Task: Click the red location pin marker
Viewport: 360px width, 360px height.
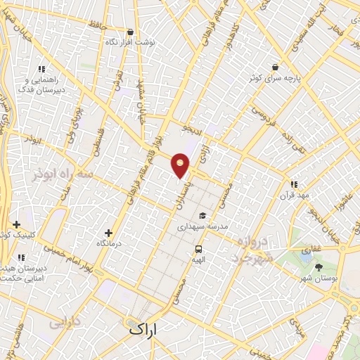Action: click(181, 165)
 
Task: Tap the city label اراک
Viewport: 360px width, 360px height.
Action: click(146, 328)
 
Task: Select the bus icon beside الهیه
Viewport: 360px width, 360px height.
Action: click(199, 249)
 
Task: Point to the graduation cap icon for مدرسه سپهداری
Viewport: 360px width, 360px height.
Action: click(202, 216)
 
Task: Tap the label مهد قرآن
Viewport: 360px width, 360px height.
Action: click(294, 195)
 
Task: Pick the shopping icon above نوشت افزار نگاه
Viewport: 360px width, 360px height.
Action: click(130, 32)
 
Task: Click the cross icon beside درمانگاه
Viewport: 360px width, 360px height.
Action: click(108, 233)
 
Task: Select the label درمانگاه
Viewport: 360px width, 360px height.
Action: click(110, 243)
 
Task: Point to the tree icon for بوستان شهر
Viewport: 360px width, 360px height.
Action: click(319, 267)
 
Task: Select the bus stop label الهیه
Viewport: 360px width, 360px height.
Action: click(199, 260)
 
